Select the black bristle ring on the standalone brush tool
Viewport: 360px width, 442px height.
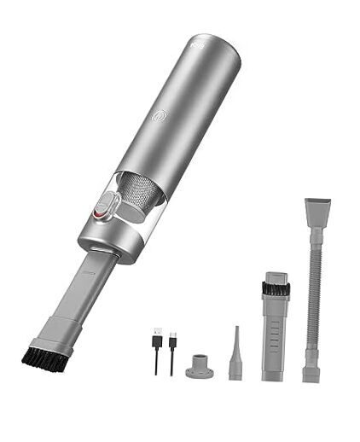275,288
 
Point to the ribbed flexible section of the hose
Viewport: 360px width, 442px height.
314,290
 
